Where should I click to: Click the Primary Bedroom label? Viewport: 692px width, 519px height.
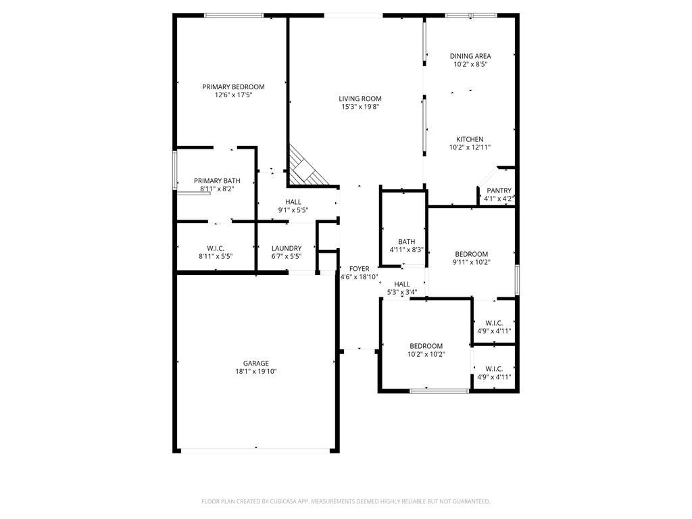coord(233,86)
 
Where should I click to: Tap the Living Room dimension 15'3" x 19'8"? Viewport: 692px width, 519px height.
coord(360,107)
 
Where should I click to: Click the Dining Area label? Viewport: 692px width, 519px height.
coord(470,56)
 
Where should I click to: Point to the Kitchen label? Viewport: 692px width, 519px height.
coord(470,139)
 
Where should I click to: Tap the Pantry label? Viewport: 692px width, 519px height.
coord(499,191)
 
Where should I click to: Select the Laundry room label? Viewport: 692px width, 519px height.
coord(286,248)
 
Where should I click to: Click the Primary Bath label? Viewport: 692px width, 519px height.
coord(217,180)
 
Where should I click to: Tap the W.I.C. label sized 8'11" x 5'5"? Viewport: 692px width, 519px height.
coord(215,248)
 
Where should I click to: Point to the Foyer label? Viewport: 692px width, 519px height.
coord(359,269)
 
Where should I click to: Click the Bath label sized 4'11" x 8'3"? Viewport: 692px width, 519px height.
coord(406,241)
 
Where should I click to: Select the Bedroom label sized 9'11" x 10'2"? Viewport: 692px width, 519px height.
coord(471,254)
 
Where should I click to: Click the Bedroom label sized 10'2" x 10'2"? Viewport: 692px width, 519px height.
coord(426,345)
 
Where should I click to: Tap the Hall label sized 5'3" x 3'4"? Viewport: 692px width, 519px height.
coord(401,284)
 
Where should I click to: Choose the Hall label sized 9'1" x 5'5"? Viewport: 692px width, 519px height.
coord(293,202)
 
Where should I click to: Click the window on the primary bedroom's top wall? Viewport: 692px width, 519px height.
coord(234,15)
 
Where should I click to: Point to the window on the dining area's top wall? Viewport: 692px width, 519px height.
coord(470,15)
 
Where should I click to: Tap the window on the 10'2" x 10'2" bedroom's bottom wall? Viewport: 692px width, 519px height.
coord(440,390)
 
